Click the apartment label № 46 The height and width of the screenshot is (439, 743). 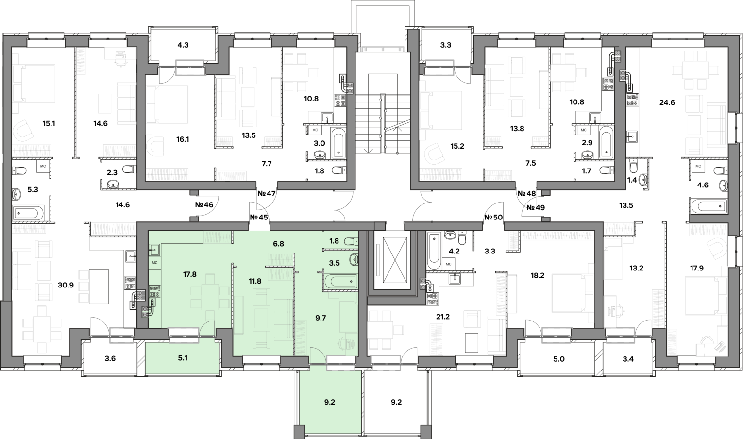(204, 205)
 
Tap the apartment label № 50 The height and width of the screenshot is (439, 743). (493, 218)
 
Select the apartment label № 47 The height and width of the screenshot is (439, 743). (267, 194)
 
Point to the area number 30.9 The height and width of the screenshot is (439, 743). (66, 285)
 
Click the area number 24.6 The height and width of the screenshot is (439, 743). (667, 103)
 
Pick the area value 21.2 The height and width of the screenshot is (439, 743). (443, 317)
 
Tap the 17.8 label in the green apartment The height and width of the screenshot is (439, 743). (190, 274)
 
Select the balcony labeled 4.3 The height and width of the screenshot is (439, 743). (183, 45)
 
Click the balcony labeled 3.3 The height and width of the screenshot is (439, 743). (445, 45)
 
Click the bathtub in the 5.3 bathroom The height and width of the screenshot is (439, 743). (28, 213)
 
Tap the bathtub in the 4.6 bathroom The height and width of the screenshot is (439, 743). (708, 206)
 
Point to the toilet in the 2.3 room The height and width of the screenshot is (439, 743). (129, 169)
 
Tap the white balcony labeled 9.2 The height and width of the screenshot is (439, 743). (396, 402)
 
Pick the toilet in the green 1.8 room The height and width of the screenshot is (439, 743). (351, 241)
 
